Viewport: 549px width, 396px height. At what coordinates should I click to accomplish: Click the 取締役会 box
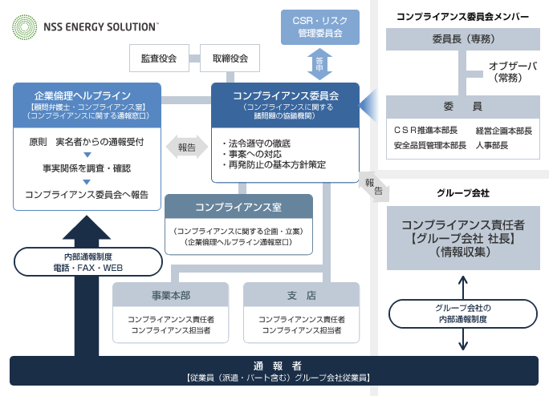click(x=230, y=59)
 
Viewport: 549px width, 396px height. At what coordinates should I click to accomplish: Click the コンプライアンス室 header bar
click(x=238, y=207)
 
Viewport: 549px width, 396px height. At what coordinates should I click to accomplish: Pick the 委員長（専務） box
click(x=462, y=38)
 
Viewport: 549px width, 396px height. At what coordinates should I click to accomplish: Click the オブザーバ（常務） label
click(x=513, y=72)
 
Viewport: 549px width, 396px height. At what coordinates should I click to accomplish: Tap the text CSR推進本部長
click(x=425, y=130)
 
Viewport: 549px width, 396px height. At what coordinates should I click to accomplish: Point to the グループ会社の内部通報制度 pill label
click(x=462, y=313)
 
